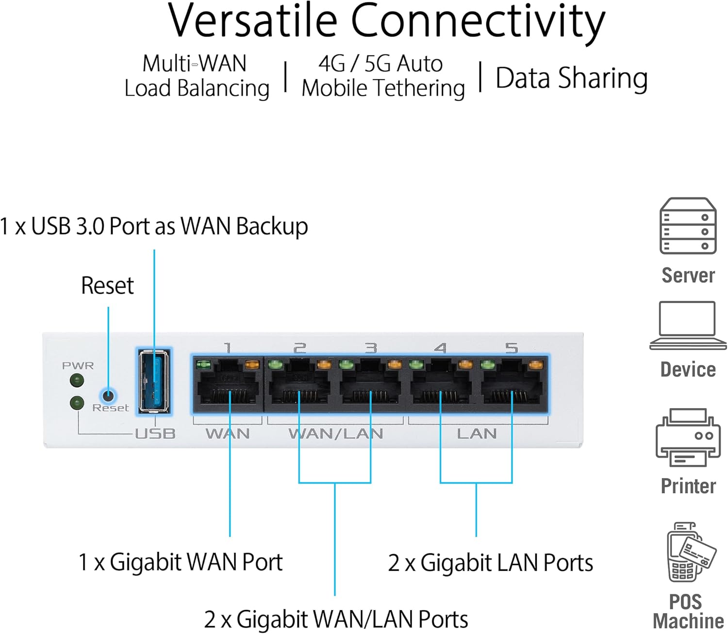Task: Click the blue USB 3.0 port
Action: [x=154, y=382]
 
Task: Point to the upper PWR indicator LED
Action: [x=77, y=380]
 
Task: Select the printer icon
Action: [x=688, y=437]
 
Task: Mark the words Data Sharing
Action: [x=571, y=78]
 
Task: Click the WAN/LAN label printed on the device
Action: [x=336, y=433]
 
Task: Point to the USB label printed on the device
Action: [x=155, y=433]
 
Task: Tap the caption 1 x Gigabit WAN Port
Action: [x=180, y=563]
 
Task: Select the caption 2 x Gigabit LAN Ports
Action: [x=490, y=563]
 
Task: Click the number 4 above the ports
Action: [x=441, y=348]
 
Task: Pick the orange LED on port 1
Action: [x=252, y=364]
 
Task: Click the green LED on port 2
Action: [x=275, y=364]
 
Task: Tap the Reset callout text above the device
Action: [x=107, y=286]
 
